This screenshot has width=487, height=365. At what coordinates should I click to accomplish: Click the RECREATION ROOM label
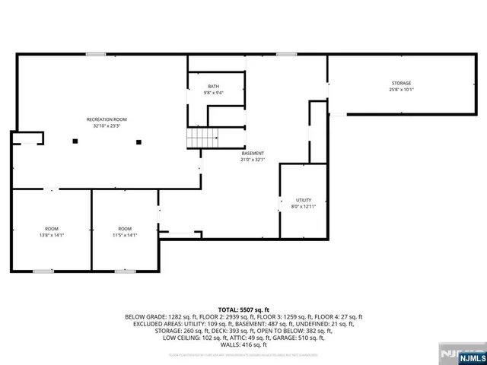point(106,120)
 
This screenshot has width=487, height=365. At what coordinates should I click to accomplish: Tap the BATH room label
point(213,87)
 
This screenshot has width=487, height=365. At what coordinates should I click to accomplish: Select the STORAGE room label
point(401,83)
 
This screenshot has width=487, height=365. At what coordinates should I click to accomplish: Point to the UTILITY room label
point(303,199)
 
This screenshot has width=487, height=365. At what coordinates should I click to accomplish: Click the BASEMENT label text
point(253,153)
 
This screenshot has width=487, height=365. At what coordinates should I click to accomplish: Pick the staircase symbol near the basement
point(203,138)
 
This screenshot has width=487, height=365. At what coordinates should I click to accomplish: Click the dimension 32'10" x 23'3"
point(106,126)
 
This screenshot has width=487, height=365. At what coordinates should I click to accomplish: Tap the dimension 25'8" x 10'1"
point(401,89)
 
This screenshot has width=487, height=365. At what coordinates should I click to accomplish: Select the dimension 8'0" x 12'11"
point(303,206)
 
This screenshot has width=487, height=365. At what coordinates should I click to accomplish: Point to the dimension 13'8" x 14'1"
point(52,235)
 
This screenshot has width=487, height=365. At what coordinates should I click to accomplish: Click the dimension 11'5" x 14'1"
point(125,235)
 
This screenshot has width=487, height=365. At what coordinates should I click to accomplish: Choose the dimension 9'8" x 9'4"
point(213,93)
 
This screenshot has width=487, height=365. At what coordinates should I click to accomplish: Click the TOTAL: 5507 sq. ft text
point(243,309)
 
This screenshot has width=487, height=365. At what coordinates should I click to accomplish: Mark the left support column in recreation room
point(75,141)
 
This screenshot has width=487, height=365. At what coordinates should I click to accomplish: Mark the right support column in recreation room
point(138,141)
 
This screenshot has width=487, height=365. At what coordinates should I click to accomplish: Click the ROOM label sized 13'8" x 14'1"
point(52,229)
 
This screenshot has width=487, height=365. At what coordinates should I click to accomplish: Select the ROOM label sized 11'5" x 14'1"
point(125,229)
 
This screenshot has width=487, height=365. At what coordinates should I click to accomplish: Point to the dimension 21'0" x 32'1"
point(253,160)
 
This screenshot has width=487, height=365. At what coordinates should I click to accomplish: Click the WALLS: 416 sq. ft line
point(243,344)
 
